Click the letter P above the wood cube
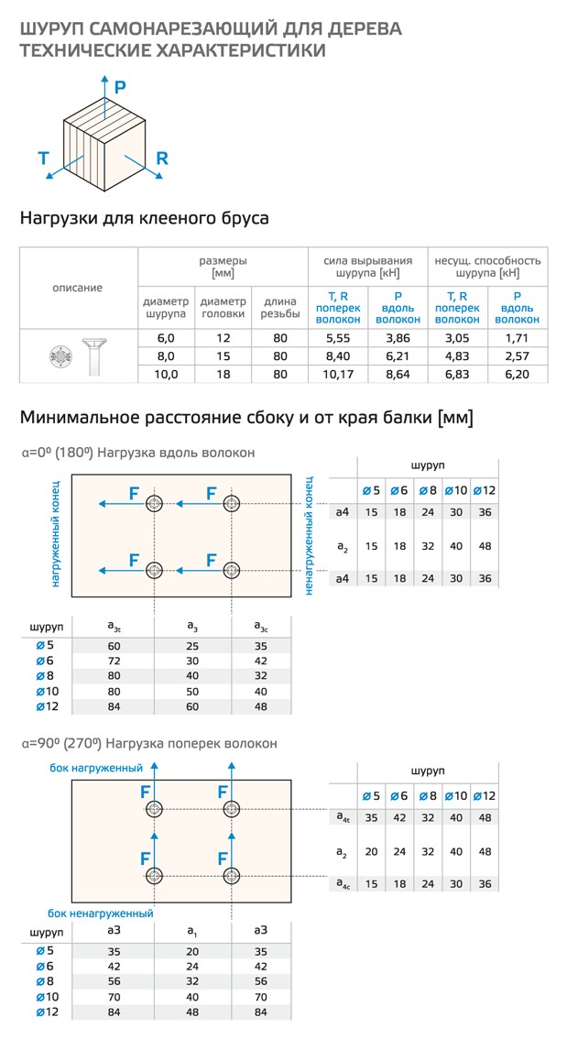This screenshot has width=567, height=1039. [120, 86]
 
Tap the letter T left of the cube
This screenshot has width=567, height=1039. [43, 159]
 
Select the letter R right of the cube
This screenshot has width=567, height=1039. [162, 159]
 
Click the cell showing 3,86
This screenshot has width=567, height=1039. [398, 338]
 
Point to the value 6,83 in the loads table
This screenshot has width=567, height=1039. [457, 374]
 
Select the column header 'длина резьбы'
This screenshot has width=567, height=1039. [280, 307]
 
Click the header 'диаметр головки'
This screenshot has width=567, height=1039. [224, 307]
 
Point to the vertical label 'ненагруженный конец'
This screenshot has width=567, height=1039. [310, 536]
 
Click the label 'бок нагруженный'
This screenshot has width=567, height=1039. [96, 768]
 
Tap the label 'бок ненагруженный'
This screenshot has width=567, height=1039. [101, 913]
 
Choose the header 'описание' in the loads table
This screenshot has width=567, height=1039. [78, 288]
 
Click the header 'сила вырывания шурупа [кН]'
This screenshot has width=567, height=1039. [368, 266]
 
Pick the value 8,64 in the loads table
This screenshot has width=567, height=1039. [398, 374]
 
